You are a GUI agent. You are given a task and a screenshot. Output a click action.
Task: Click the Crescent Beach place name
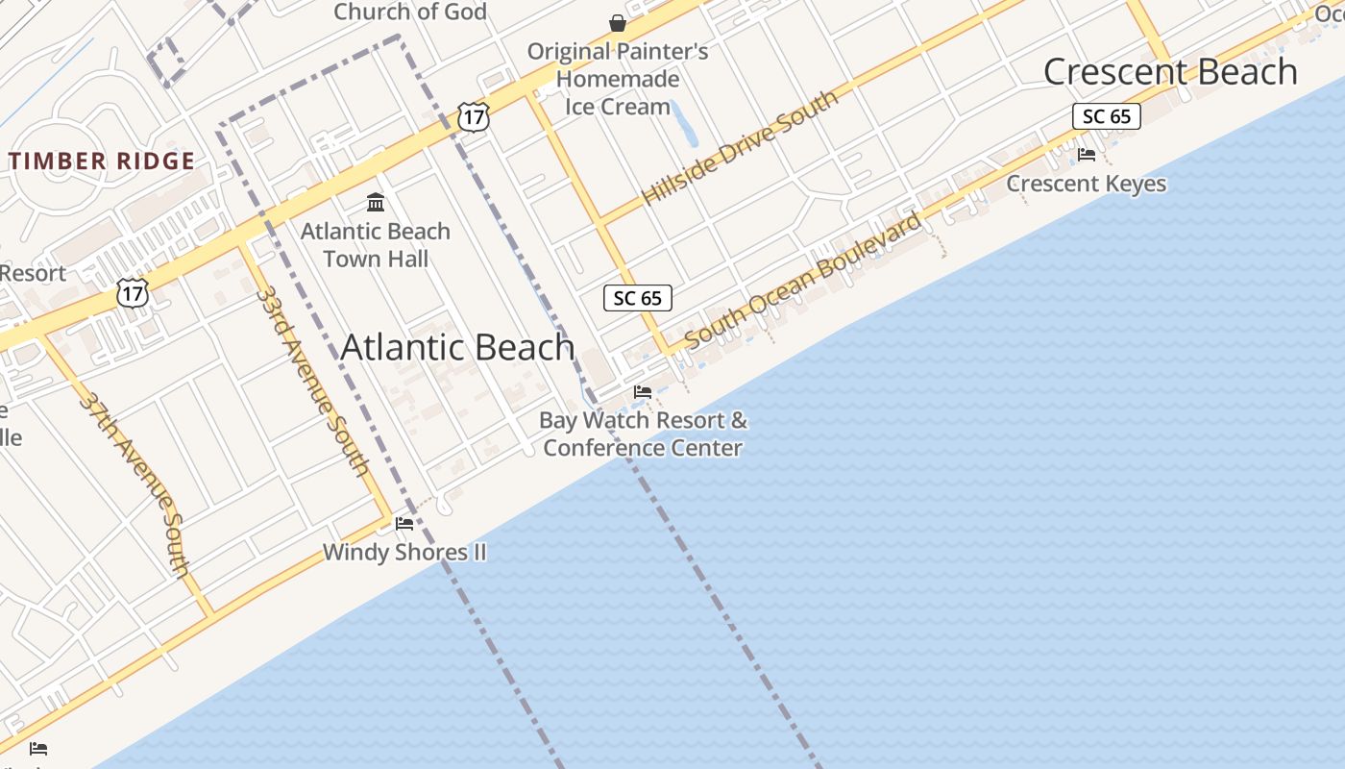tap(1169, 72)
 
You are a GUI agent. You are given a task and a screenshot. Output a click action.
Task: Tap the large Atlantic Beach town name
tap(457, 347)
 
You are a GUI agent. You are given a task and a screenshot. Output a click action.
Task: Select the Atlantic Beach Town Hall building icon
tap(376, 203)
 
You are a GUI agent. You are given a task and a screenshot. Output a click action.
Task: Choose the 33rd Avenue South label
tap(313, 380)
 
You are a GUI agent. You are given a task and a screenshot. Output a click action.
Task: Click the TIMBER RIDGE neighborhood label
tap(102, 161)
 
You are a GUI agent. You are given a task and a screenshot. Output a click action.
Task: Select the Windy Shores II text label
tap(404, 552)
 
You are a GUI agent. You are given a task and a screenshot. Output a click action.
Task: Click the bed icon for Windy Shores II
tap(404, 524)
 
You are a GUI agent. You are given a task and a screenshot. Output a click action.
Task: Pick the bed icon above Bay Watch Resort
tap(643, 392)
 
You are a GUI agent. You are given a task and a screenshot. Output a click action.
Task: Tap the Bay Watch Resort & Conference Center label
tap(643, 434)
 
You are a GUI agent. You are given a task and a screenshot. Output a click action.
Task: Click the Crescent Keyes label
tap(1086, 184)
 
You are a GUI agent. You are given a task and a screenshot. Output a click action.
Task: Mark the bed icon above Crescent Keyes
tap(1087, 154)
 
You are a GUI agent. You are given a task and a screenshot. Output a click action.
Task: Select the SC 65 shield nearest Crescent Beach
tap(1106, 116)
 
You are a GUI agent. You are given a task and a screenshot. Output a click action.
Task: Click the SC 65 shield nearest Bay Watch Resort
tap(638, 298)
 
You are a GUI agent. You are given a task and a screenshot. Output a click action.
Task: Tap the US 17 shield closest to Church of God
tap(474, 117)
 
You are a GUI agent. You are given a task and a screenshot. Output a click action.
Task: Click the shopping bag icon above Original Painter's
tap(618, 22)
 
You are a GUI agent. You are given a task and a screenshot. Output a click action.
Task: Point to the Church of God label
tap(409, 12)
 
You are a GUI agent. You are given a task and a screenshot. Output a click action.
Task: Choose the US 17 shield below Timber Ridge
tap(133, 292)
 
